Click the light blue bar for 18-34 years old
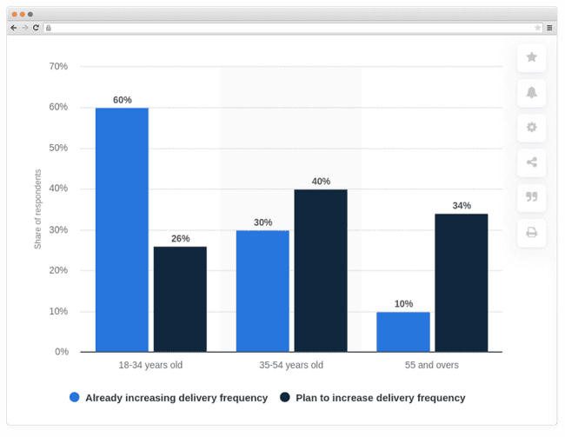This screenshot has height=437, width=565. point(122,230)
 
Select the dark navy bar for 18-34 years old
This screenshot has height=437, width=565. point(180,300)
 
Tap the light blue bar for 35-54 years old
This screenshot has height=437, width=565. point(263,291)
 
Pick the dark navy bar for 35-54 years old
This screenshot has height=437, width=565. point(321,271)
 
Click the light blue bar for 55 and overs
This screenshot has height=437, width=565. point(403,332)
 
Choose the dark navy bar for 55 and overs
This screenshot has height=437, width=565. point(462,283)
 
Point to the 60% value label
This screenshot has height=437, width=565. point(123,100)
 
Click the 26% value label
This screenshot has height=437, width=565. point(181,239)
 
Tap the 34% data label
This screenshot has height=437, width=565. point(462,206)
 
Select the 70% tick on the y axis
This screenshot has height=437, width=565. point(58,66)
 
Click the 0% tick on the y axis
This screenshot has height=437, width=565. point(62,352)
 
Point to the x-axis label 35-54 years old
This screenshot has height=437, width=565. point(291,366)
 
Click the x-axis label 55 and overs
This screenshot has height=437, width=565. point(432,366)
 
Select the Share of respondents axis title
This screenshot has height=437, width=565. point(38,209)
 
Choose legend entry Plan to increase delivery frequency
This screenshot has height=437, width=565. point(380,398)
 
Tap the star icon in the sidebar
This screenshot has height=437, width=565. point(531,57)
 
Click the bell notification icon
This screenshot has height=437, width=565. point(531,92)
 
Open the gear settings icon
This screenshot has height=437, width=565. point(531,127)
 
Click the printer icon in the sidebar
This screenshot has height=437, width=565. point(531,232)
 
